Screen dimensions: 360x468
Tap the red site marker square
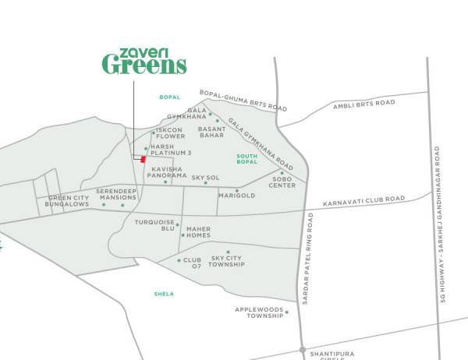144,159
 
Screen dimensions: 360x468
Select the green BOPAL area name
169,97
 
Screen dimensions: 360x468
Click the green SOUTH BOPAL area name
246,161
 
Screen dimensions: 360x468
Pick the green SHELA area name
164,294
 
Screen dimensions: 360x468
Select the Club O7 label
192,264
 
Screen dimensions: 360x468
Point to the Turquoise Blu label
156,225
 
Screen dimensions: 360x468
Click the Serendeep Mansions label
116,194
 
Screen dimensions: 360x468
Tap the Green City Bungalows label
69,202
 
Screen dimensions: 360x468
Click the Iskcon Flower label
170,133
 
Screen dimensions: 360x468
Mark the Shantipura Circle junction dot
302,349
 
